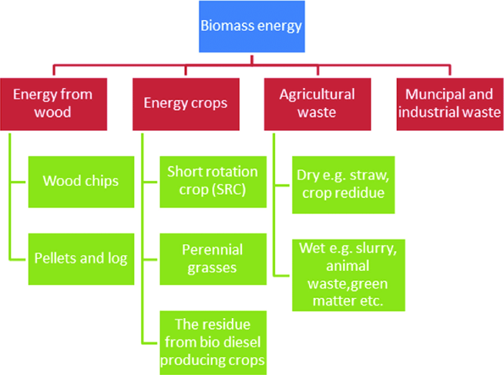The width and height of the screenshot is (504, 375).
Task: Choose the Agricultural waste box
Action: [318, 103]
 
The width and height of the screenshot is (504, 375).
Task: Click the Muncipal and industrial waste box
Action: [450, 103]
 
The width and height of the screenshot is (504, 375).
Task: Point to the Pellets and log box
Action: [81, 258]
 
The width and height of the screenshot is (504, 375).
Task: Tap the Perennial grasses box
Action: [212, 258]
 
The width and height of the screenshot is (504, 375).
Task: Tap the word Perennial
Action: [212, 250]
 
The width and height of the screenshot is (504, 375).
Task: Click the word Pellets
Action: [54, 258]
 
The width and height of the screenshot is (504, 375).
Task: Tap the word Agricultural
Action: [318, 94]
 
